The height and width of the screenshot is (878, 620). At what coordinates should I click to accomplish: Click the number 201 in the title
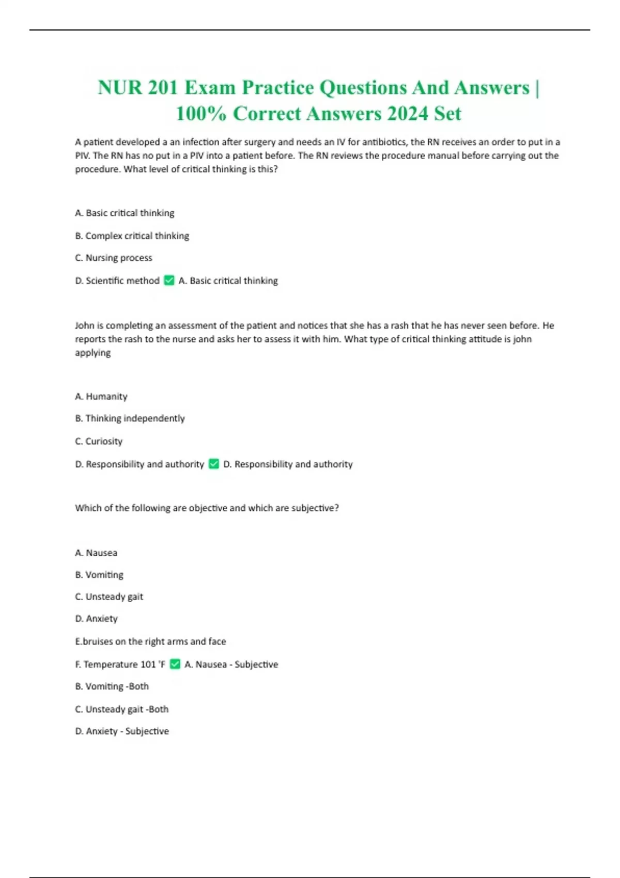pyautogui.click(x=163, y=88)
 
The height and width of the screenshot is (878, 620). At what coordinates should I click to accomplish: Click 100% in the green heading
pyautogui.click(x=201, y=114)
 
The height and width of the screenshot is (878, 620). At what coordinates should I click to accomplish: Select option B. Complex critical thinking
pyautogui.click(x=132, y=236)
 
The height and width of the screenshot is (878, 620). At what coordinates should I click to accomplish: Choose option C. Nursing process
pyautogui.click(x=114, y=258)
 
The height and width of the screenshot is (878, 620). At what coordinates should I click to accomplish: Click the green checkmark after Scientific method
pyautogui.click(x=169, y=280)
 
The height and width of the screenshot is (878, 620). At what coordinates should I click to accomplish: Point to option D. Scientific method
pyautogui.click(x=117, y=280)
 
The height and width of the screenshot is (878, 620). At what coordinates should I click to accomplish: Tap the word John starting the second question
pyautogui.click(x=85, y=326)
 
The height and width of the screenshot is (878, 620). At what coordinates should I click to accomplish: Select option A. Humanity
pyautogui.click(x=101, y=397)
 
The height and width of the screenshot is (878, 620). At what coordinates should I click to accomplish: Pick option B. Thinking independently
pyautogui.click(x=130, y=418)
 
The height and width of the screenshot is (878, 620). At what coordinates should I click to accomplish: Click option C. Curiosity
pyautogui.click(x=99, y=442)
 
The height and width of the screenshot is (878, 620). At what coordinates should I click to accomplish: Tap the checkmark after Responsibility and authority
pyautogui.click(x=214, y=464)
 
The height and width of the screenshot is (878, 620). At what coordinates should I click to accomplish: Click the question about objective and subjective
pyautogui.click(x=207, y=508)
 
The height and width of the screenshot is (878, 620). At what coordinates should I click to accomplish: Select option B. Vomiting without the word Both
pyautogui.click(x=99, y=575)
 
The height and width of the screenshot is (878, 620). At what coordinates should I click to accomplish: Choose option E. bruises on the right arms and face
pyautogui.click(x=150, y=641)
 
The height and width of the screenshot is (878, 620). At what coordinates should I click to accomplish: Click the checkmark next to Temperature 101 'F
pyautogui.click(x=175, y=664)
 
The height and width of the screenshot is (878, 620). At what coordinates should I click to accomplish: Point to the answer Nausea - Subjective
pyautogui.click(x=231, y=665)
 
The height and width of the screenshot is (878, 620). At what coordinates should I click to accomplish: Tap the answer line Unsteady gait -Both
pyautogui.click(x=122, y=710)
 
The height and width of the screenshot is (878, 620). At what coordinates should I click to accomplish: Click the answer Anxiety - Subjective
pyautogui.click(x=122, y=731)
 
